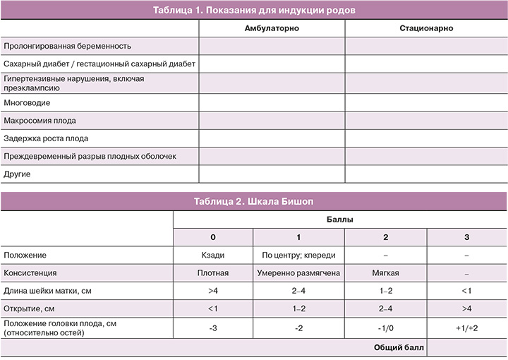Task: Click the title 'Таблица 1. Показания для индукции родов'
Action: click(254, 11)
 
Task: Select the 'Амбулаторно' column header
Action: click(272, 29)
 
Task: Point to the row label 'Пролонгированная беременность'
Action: click(68, 47)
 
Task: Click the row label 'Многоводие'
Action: click(27, 102)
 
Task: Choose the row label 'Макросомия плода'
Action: click(40, 121)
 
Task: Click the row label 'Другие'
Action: click(18, 174)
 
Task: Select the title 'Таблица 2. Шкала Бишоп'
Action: click(254, 201)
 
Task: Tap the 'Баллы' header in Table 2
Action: click(340, 220)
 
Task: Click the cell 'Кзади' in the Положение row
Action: click(213, 255)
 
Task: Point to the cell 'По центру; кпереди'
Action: click(299, 255)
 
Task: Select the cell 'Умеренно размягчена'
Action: click(299, 272)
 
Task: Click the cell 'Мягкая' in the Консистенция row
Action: click(385, 272)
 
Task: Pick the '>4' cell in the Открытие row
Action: click(466, 308)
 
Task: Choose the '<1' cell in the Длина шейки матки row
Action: click(466, 291)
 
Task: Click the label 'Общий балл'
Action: click(395, 347)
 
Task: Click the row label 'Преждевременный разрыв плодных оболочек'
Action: click(90, 156)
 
